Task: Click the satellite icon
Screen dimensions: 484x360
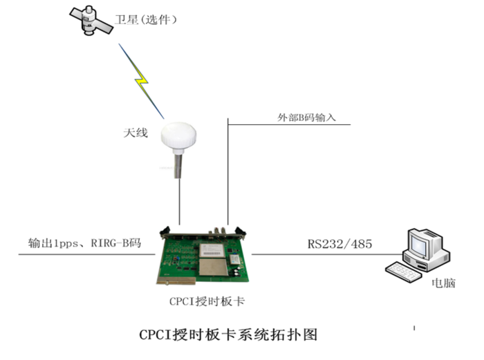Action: (x=91, y=20)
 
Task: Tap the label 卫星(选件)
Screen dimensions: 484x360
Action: (x=146, y=20)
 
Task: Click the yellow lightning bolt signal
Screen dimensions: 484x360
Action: (x=141, y=81)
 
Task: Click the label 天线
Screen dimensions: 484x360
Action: (x=136, y=133)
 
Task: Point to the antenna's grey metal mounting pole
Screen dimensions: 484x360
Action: (x=178, y=166)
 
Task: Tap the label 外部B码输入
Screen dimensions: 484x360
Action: (x=306, y=117)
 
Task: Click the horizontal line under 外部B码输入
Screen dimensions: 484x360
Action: (x=289, y=124)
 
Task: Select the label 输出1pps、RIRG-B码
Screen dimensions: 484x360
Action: (x=84, y=243)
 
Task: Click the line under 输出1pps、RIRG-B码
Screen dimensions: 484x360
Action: (x=86, y=254)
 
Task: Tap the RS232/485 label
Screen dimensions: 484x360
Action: (x=340, y=244)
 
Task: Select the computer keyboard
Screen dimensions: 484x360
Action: (x=403, y=272)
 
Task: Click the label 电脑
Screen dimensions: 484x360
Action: (x=444, y=283)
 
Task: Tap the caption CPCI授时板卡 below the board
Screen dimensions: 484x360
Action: (x=207, y=301)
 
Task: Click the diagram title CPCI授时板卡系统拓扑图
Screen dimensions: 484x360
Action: (x=228, y=334)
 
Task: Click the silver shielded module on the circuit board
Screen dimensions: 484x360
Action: (x=213, y=267)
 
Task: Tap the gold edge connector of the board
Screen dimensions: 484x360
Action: (x=176, y=280)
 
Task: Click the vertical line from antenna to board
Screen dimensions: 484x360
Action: (x=179, y=202)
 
